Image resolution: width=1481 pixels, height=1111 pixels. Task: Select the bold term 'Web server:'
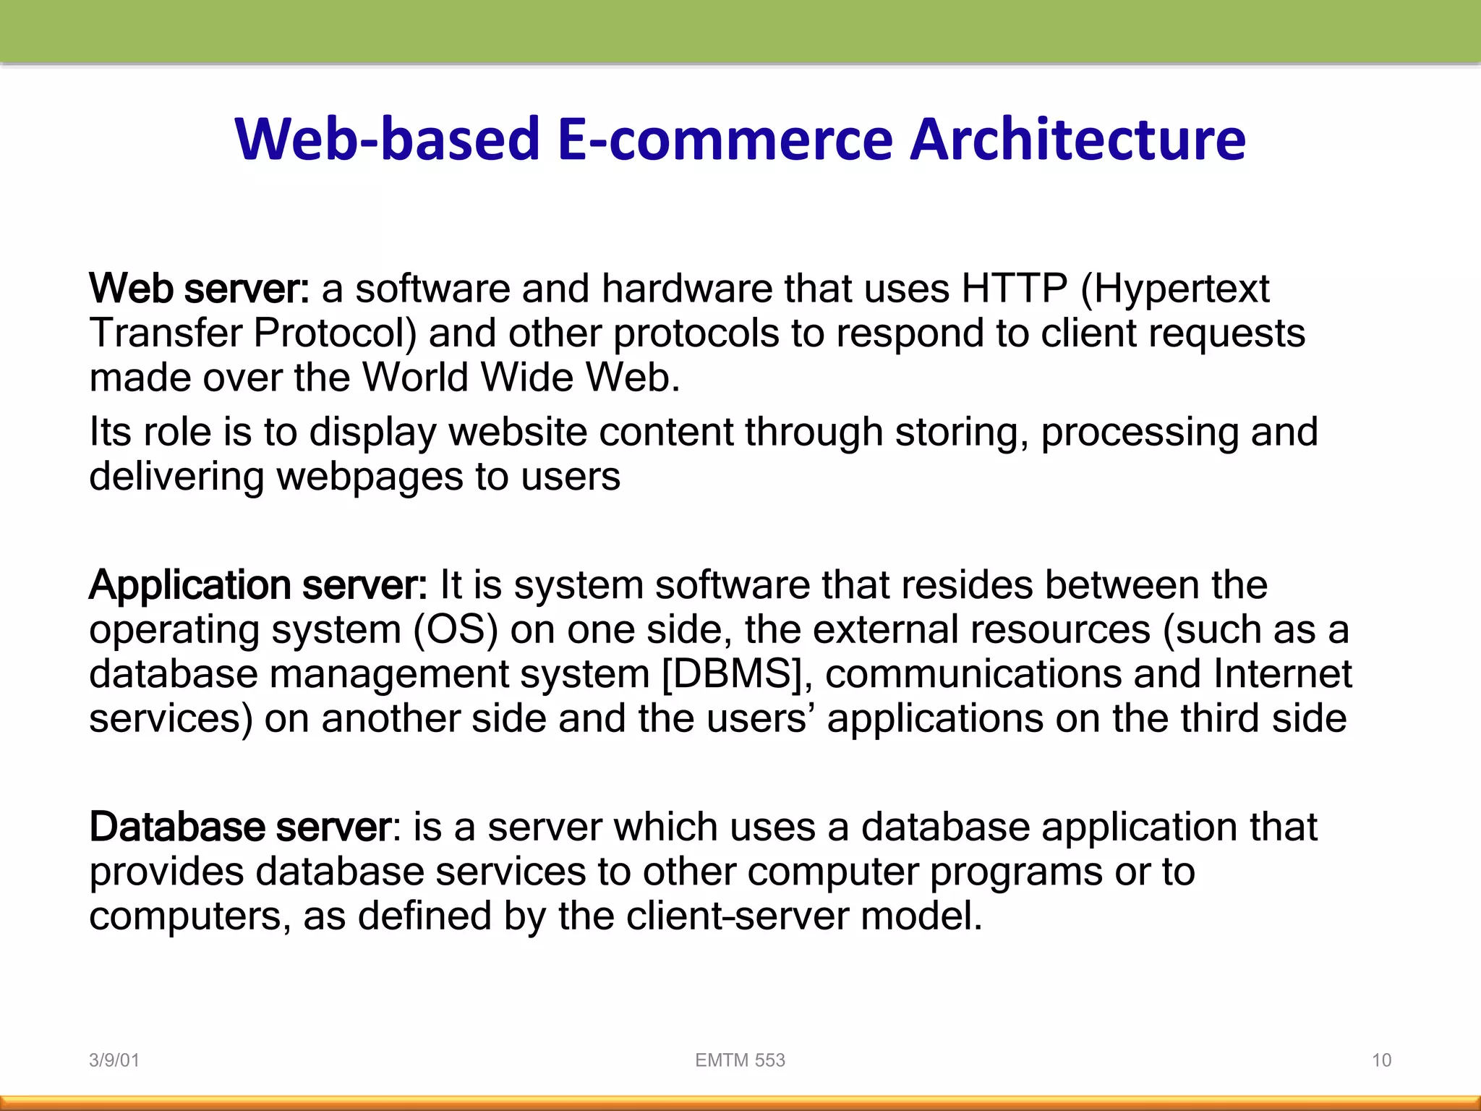tap(200, 289)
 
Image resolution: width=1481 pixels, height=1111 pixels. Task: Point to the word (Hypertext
tap(1174, 290)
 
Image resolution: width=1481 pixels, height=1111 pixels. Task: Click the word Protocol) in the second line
tap(335, 333)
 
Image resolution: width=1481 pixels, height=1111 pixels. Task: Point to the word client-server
tap(737, 916)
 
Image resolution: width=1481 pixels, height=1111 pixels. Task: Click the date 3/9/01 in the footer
tap(114, 1060)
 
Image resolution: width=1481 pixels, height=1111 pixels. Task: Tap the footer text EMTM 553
tap(740, 1060)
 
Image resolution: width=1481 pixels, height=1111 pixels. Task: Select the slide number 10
tap(1381, 1060)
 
